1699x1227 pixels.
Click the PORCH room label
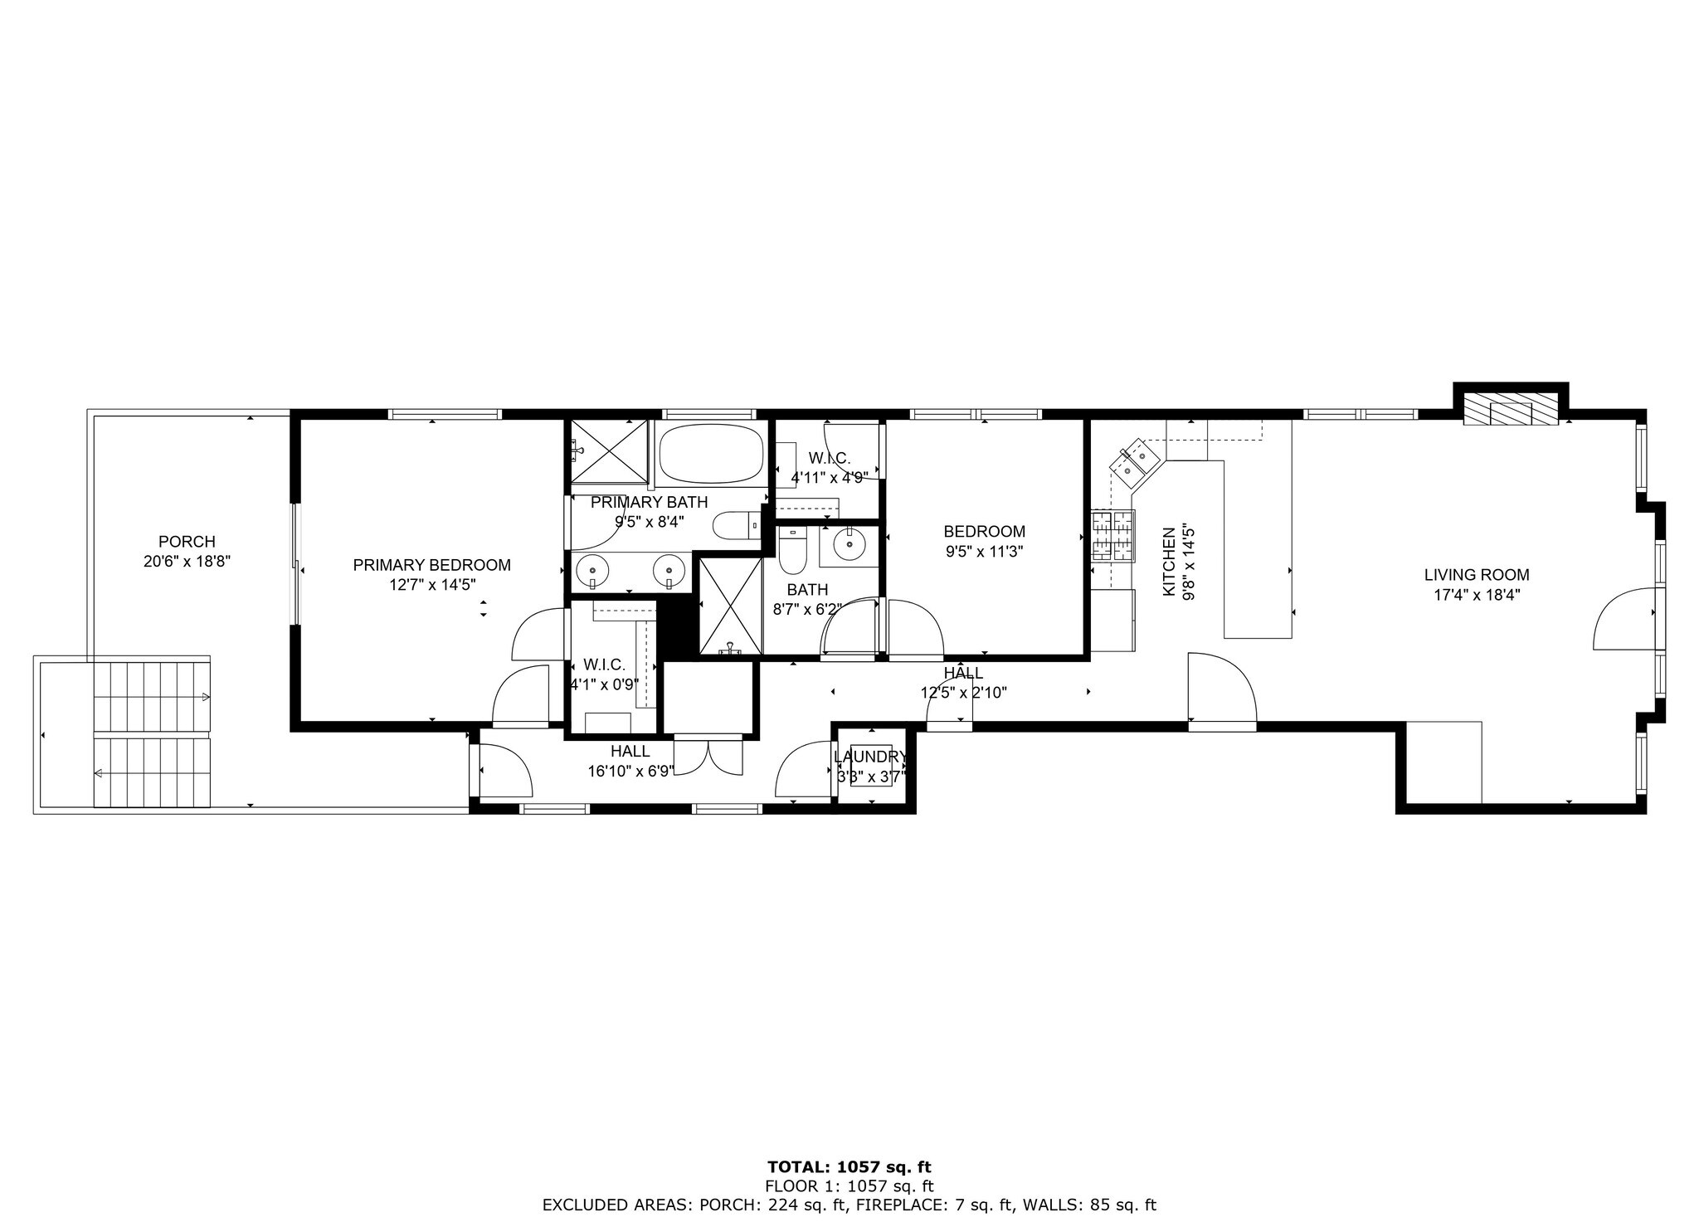(187, 542)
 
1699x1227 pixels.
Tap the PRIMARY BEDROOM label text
(431, 565)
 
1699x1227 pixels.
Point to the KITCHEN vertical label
(1169, 562)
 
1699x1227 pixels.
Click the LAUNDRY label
(869, 757)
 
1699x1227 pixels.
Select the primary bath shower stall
(610, 450)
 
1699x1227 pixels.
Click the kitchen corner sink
(1132, 463)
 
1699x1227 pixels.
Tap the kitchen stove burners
(1112, 537)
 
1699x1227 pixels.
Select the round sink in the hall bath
(849, 544)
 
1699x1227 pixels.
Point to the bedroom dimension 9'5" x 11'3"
(984, 552)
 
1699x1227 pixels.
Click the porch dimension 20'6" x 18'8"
(187, 562)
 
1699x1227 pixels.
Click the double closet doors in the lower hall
(708, 755)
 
